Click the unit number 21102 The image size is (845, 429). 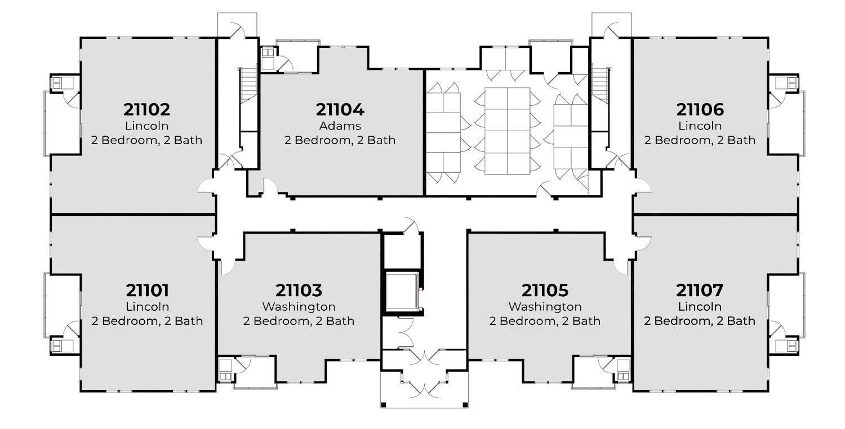[146, 109]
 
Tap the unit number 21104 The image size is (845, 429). [340, 109]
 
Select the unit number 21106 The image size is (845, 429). [700, 109]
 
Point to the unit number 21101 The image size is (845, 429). [146, 291]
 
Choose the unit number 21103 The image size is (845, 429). [299, 291]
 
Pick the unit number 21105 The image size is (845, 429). [545, 291]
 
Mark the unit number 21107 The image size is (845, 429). [700, 291]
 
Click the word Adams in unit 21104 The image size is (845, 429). [340, 126]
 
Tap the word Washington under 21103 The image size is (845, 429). [299, 307]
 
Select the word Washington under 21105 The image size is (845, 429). [545, 307]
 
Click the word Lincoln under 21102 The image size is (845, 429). [146, 126]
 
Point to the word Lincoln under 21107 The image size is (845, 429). [700, 307]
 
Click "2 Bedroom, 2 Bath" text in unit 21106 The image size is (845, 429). [700, 140]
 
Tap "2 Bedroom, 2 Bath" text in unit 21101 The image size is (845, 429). [146, 321]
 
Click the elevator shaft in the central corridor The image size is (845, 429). [401, 291]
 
